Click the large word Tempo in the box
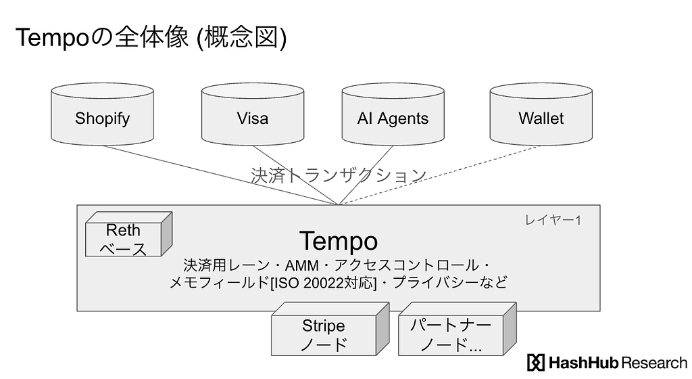point(338,241)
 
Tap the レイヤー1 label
point(553,220)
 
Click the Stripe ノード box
point(324,336)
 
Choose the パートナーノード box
point(451,336)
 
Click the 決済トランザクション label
point(338,176)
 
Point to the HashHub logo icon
point(535,363)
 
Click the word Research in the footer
point(653,363)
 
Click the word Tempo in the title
point(51,39)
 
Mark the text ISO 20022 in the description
point(308,282)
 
